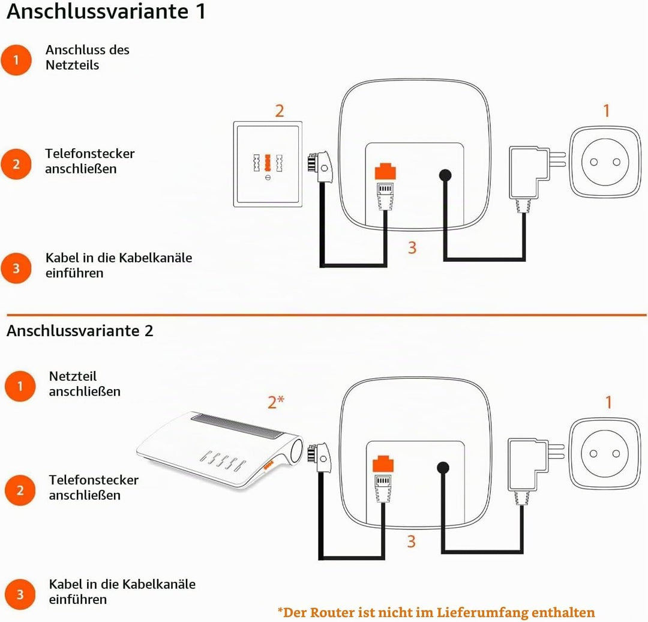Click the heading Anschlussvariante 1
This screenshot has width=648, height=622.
(x=106, y=11)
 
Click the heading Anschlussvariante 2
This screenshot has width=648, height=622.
(x=80, y=331)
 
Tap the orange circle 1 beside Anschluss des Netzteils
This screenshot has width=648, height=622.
(x=16, y=60)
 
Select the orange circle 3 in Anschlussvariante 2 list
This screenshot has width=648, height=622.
(x=20, y=594)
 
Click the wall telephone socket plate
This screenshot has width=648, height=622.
(x=268, y=164)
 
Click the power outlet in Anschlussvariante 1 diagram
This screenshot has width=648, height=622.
(x=605, y=162)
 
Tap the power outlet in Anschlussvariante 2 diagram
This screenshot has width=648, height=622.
(x=605, y=453)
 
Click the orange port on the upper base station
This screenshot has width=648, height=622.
(x=385, y=172)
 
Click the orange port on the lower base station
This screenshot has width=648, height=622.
(x=383, y=464)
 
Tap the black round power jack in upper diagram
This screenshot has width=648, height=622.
(x=445, y=175)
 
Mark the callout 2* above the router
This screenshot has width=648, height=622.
(x=276, y=402)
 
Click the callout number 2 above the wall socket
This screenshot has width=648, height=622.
(x=280, y=111)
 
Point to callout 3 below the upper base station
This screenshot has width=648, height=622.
(x=412, y=247)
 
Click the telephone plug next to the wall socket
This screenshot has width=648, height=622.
(x=320, y=167)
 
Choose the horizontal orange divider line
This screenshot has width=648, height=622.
(x=326, y=315)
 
